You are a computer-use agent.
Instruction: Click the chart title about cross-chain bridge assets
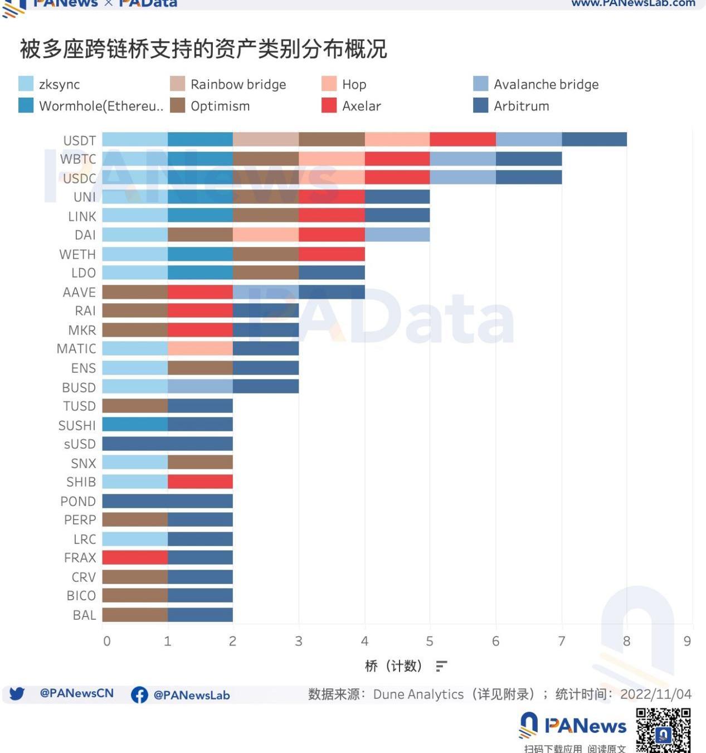(203, 49)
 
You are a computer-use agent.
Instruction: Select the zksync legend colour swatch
(26, 84)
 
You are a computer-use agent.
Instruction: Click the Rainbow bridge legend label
(238, 84)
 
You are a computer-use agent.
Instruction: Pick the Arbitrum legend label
(521, 106)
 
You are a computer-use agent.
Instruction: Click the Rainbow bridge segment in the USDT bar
(265, 139)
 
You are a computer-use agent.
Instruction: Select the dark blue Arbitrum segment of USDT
(594, 139)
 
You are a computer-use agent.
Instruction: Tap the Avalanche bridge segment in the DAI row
(397, 235)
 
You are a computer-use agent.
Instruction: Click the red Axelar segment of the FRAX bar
(135, 557)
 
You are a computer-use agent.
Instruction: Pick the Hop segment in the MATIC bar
(200, 349)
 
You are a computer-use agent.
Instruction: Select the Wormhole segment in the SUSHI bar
(135, 425)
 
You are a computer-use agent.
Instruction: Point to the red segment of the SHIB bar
(200, 482)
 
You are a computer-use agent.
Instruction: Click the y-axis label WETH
(77, 254)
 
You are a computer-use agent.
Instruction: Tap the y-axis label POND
(78, 501)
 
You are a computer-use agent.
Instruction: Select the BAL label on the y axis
(84, 615)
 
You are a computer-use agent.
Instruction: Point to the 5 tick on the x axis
(430, 641)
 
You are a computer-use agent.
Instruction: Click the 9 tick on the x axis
(687, 641)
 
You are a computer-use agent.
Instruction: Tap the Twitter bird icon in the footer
(17, 694)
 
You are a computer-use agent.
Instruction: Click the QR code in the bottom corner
(663, 730)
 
